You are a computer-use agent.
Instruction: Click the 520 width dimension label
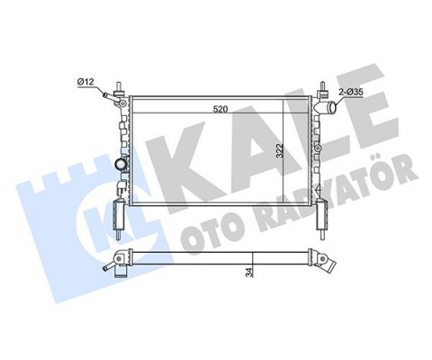point(220,109)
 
